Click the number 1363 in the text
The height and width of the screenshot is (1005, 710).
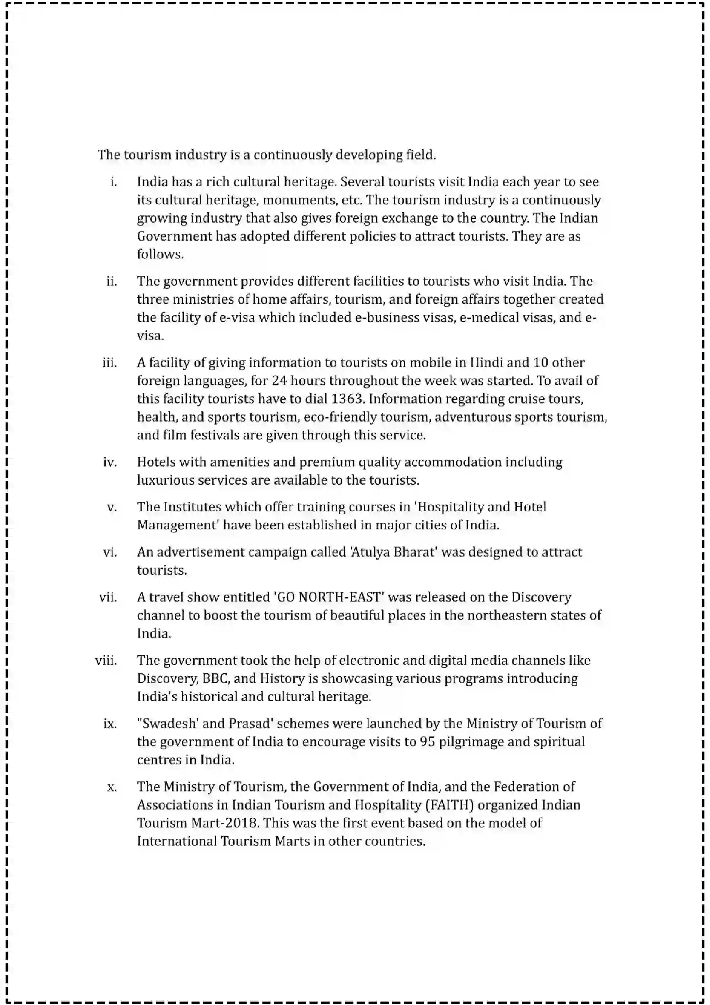[x=348, y=399]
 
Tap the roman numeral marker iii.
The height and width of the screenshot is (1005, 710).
[x=110, y=363]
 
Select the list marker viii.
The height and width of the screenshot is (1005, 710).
[x=106, y=660]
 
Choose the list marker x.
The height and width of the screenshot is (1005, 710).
[x=112, y=787]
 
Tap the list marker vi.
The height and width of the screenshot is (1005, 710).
[x=110, y=552]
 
